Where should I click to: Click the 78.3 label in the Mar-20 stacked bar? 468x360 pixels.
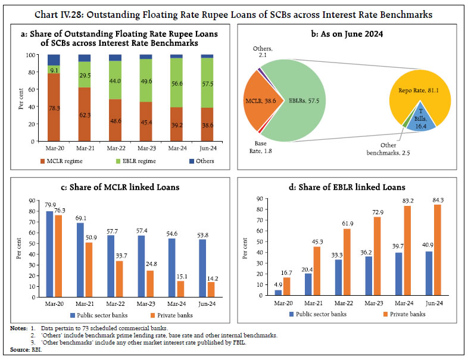(x=53, y=108)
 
